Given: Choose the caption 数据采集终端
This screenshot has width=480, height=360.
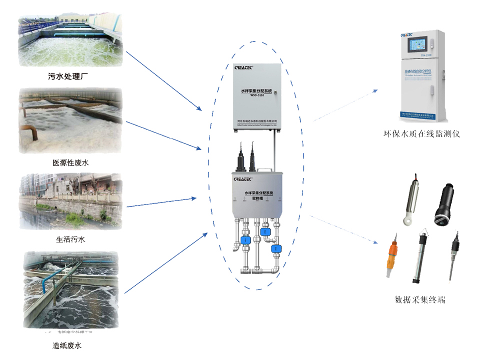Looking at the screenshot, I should click(x=420, y=299).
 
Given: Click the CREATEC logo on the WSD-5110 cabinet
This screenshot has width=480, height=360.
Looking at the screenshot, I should click(x=244, y=66).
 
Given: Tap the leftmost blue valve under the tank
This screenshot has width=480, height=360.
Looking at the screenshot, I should click(x=244, y=240).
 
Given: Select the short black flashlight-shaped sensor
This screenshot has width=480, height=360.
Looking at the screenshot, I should click(x=444, y=202).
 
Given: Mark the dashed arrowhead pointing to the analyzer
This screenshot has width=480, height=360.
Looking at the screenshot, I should click(x=376, y=90).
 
